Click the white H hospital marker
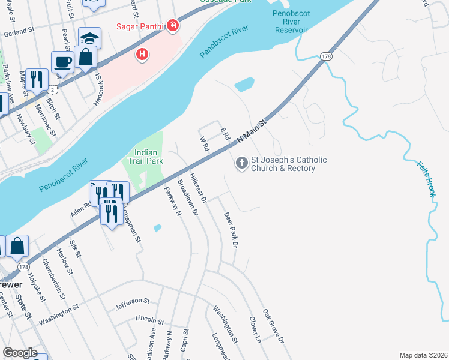tap(142, 55)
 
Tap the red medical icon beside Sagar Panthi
tap(173, 26)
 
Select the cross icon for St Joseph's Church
tap(241, 164)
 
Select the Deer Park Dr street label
tap(231, 230)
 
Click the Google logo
tap(20, 353)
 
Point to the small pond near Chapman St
tap(157, 228)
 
